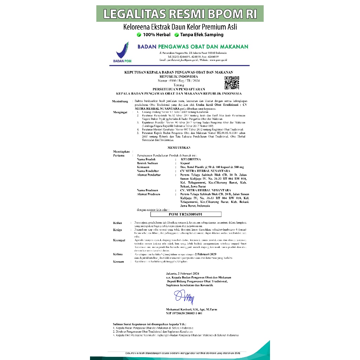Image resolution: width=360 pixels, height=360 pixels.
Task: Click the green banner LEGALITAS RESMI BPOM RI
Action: [180, 14]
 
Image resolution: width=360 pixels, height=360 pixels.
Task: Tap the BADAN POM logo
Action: [122, 52]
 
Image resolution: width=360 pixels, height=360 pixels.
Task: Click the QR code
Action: [232, 83]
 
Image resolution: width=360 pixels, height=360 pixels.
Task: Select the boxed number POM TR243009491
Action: [186, 214]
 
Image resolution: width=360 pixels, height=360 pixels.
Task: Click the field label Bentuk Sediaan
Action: [147, 163]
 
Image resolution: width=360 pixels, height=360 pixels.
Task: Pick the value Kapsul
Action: [185, 163]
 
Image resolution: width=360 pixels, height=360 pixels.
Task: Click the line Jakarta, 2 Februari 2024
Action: [182, 274]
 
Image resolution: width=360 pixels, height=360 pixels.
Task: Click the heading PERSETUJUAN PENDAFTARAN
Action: [179, 89]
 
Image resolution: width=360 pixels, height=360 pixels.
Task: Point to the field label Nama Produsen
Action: [147, 190]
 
